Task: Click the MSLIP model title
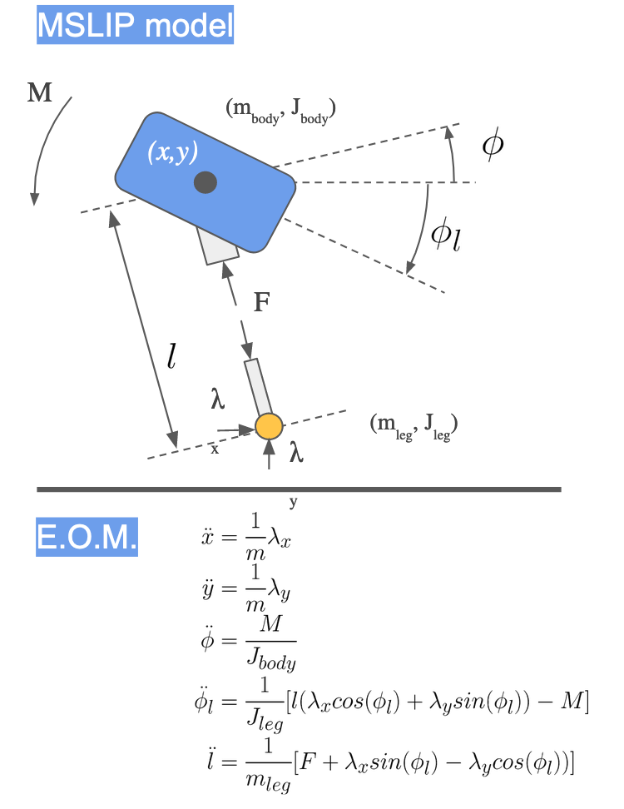tap(135, 25)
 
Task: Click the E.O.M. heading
tap(87, 537)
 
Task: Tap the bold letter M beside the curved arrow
tap(40, 93)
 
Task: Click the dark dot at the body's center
tap(206, 182)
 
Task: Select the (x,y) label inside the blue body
tap(173, 152)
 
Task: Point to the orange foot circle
tap(269, 427)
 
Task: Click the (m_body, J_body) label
tap(281, 111)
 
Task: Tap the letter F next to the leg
tap(262, 302)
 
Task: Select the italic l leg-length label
tap(171, 356)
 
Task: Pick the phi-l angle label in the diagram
tap(446, 235)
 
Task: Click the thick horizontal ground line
tap(299, 489)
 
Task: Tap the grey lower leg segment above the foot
tap(258, 388)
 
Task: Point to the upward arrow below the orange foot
tap(269, 454)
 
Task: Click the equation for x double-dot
tap(246, 537)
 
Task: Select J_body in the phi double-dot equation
tap(271, 659)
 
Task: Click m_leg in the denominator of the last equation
tap(268, 782)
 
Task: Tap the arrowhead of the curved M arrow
tap(35, 199)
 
